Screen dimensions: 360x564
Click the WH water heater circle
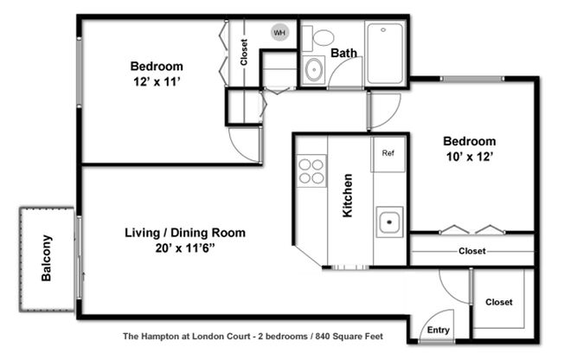[279, 33]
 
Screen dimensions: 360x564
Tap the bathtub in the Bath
[385, 54]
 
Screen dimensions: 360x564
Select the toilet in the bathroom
[324, 37]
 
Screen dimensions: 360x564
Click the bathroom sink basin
[313, 70]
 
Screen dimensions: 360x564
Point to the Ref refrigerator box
[388, 153]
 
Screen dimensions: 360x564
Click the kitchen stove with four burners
[311, 170]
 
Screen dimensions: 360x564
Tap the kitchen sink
[389, 222]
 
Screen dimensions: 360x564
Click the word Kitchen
[348, 196]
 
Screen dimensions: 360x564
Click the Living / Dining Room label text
[185, 233]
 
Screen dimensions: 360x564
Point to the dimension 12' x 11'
[157, 82]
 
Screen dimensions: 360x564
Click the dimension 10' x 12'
[470, 158]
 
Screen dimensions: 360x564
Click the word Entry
[439, 330]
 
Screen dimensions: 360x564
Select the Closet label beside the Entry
[498, 302]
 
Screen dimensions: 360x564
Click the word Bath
[343, 54]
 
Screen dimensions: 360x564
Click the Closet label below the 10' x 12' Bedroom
[471, 251]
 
